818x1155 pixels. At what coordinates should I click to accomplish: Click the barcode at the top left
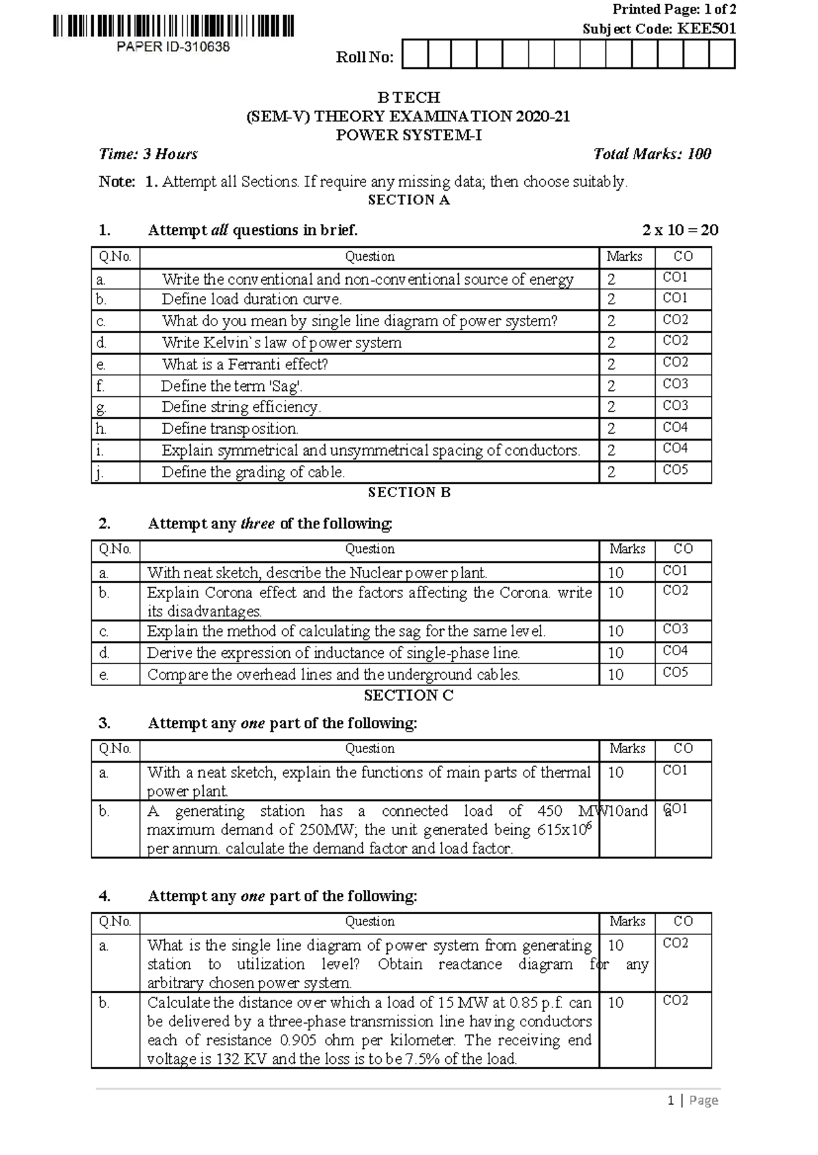[173, 26]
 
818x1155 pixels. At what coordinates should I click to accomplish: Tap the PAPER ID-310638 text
[173, 47]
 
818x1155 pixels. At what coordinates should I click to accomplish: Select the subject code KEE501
[706, 29]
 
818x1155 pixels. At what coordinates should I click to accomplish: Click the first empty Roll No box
[415, 54]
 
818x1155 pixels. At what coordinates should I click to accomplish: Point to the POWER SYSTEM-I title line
[408, 135]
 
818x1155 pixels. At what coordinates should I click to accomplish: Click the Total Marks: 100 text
[652, 154]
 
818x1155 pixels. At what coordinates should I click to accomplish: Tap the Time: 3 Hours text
[148, 154]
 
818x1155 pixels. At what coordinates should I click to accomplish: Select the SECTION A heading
[408, 200]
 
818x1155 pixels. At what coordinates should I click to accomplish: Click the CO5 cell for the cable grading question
[675, 470]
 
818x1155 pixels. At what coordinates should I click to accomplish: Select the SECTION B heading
[408, 492]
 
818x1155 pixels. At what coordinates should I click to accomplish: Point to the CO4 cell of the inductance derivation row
[675, 651]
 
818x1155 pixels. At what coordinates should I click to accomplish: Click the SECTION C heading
[408, 695]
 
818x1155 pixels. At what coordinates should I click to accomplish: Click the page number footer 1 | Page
[693, 1101]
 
